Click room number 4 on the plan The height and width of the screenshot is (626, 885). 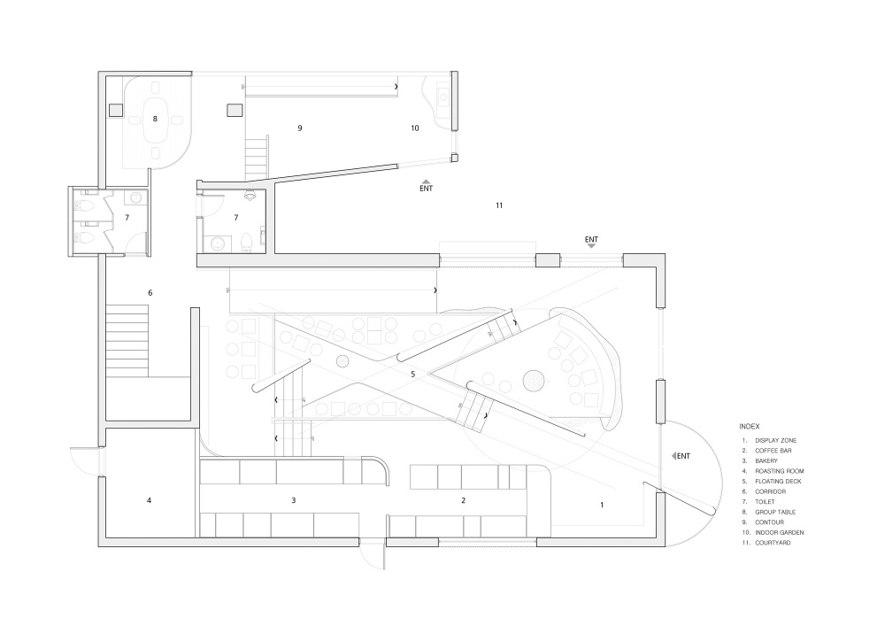pos(150,501)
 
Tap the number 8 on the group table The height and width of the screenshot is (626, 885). pos(155,119)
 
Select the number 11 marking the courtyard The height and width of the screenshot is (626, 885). pos(499,205)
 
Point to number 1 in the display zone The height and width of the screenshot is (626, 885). pos(602,505)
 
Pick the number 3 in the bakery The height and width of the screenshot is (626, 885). pos(293,500)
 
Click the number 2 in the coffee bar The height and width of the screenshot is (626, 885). pos(463,500)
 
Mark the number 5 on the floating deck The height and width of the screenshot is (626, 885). pos(412,375)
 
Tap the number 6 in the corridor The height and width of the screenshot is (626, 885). pos(150,293)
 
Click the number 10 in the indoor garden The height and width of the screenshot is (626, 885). pos(414,128)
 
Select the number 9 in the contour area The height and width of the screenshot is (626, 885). pos(300,128)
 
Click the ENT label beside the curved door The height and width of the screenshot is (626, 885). pos(682,456)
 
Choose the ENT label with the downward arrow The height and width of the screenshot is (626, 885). pos(591,239)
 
